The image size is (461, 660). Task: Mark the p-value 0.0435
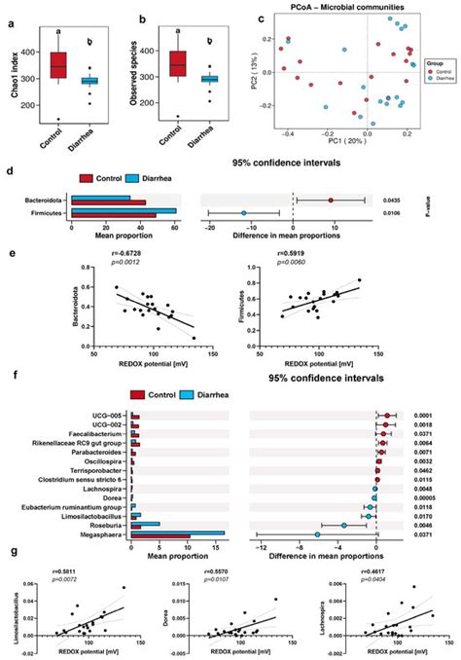(x=392, y=200)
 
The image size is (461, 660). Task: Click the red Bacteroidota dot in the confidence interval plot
(x=331, y=200)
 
